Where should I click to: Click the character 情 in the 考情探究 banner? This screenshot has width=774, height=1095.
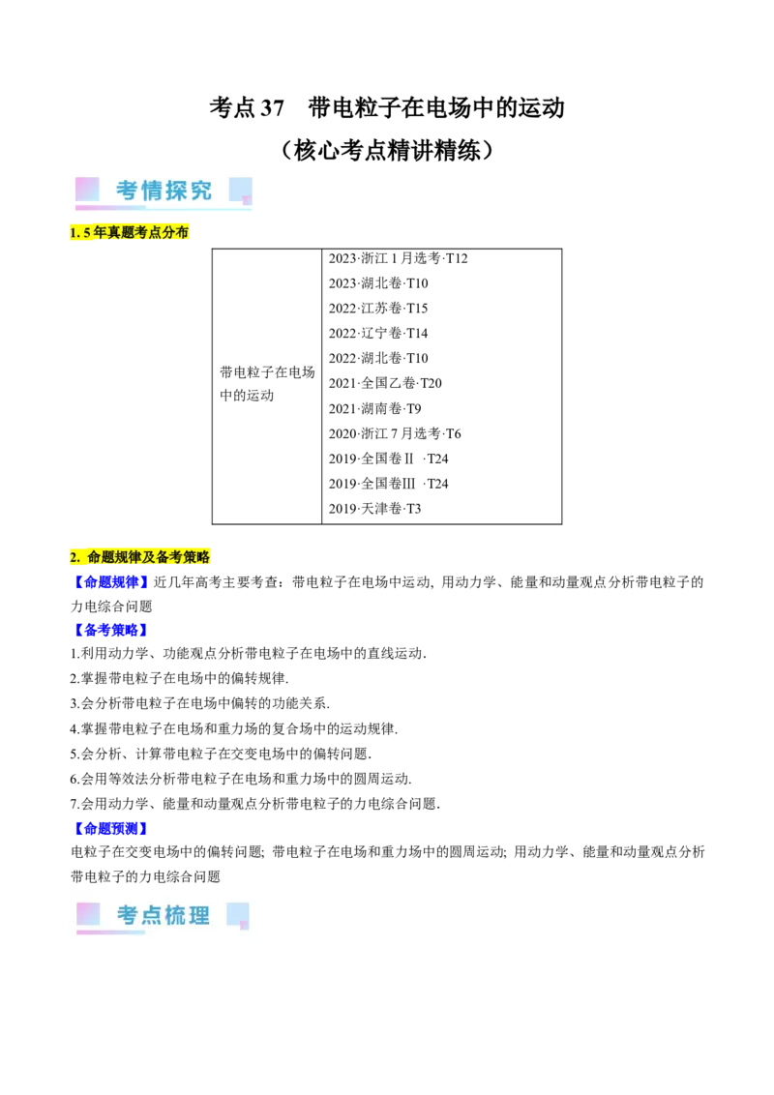[x=152, y=191]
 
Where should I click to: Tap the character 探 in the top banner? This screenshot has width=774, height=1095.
[x=177, y=191]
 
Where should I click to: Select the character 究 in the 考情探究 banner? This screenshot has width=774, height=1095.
[x=201, y=191]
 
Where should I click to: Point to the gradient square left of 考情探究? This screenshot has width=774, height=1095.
[x=87, y=189]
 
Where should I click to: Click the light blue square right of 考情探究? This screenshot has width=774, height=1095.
[x=241, y=189]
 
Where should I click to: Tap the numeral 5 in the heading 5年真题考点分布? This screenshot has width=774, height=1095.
[x=87, y=233]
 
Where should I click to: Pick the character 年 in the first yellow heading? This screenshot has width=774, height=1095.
[x=100, y=233]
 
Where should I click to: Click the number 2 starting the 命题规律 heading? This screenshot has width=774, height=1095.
[x=74, y=557]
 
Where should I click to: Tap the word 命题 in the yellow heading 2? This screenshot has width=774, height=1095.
[x=100, y=557]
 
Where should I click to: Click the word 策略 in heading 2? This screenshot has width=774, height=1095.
[x=196, y=557]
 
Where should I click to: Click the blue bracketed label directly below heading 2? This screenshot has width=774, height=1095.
[x=110, y=581]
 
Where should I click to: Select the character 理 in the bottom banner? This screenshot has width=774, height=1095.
[x=199, y=915]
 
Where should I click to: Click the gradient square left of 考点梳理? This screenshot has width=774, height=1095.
[x=88, y=914]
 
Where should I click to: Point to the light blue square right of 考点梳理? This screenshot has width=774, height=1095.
[x=237, y=914]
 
